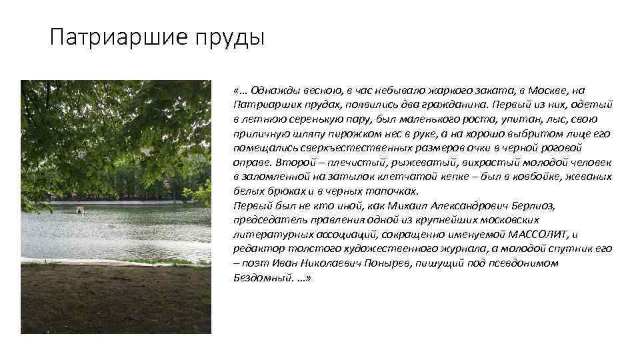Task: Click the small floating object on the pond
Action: [x=80, y=210]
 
